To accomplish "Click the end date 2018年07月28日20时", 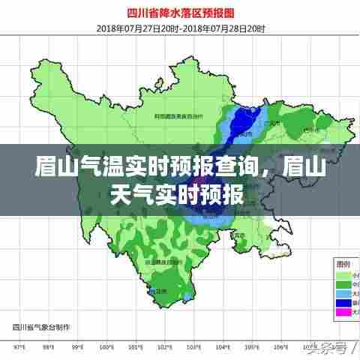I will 226,28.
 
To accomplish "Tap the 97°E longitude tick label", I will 20,347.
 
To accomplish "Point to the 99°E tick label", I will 78,347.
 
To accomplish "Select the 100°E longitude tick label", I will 107,347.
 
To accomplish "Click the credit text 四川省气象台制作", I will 37,327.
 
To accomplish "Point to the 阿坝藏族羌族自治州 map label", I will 179,117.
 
